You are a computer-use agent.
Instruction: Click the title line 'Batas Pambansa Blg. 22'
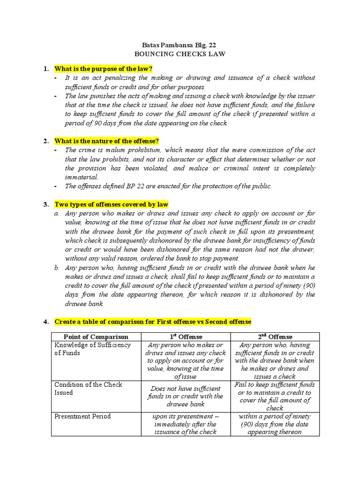point(180,45)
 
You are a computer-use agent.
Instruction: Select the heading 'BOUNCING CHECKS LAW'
point(180,54)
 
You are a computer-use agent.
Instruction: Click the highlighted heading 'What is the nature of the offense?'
point(107,141)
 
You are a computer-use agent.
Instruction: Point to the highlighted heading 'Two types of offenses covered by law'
point(112,204)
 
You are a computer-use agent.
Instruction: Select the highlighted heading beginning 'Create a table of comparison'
point(153,322)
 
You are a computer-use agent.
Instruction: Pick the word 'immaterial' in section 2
point(81,177)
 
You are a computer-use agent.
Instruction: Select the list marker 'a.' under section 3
point(56,213)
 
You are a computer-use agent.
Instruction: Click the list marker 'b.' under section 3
point(56,268)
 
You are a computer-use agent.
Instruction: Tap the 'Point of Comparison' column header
point(96,337)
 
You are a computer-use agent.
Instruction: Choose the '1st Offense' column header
point(186,337)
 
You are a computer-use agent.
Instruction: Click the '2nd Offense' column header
point(275,337)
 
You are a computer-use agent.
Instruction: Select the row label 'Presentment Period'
point(83,416)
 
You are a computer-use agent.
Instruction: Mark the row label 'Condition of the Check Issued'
point(88,389)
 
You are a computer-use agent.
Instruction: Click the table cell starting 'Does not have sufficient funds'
point(186,396)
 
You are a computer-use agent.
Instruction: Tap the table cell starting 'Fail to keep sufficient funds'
point(275,396)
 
